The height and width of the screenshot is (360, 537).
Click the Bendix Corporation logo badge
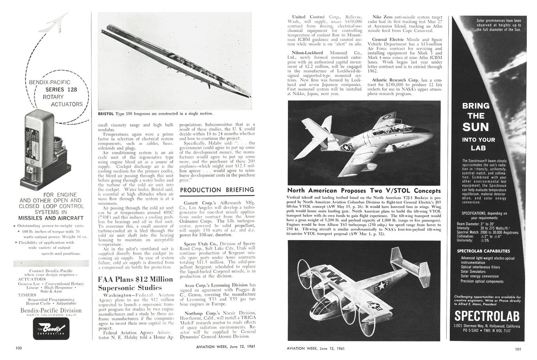pyautogui.click(x=51, y=329)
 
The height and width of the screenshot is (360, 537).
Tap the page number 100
pyautogui.click(x=19, y=348)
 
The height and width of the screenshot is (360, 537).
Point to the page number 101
pyautogui.click(x=518, y=348)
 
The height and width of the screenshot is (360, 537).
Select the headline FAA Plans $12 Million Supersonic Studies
pyautogui.click(x=135, y=283)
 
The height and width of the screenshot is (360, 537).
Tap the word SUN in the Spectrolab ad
pyautogui.click(x=476, y=127)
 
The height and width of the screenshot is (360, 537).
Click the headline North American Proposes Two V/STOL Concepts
pyautogui.click(x=364, y=191)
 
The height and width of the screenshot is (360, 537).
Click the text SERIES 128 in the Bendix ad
pyautogui.click(x=61, y=90)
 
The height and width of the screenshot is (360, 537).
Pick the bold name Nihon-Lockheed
pyautogui.click(x=307, y=52)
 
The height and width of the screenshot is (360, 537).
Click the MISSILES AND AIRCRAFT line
pyautogui.click(x=51, y=218)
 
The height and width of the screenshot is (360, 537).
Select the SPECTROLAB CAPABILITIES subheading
pyautogui.click(x=483, y=251)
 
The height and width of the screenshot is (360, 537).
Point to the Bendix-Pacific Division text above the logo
pyautogui.click(x=51, y=310)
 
